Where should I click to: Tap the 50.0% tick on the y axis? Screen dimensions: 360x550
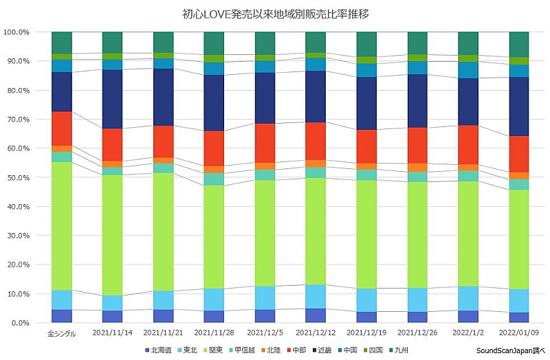point(16,178)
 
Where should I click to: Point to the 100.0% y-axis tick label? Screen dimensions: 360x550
point(16,32)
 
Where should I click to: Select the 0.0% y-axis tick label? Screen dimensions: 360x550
point(19,323)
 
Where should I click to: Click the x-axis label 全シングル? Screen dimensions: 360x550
point(62,335)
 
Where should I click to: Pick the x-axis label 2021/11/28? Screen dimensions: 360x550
point(214,335)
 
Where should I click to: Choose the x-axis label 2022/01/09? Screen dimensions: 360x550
point(518,335)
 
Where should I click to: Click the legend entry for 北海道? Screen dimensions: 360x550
point(160,350)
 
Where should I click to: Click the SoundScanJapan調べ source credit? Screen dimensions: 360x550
point(509,350)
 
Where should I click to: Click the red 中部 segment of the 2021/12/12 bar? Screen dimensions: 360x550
point(316,142)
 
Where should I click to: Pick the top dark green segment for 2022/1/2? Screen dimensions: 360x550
point(467,43)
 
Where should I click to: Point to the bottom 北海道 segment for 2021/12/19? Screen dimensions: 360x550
point(366,317)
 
